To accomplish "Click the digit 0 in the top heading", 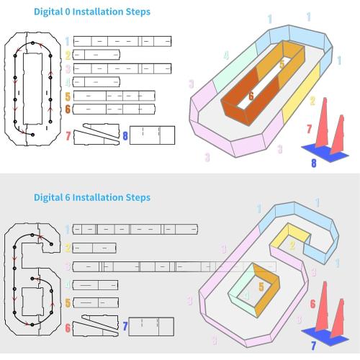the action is pos(68,12).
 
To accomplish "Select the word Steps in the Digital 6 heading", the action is pos(138,198).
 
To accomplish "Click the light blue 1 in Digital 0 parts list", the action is pos(68,41).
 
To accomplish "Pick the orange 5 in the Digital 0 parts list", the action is pos(68,96).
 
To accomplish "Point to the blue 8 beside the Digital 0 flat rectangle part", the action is pos(125,136).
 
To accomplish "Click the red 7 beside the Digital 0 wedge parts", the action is pos(68,136).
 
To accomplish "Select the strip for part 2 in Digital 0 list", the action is pos(96,55).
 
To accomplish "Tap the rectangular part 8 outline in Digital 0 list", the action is pos(152,135).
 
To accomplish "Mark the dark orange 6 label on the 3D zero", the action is pos(251,96).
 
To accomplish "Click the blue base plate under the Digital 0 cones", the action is pos(325,153).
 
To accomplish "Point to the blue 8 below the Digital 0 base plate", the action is pos(314,163).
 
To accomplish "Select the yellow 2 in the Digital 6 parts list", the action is pos(68,248).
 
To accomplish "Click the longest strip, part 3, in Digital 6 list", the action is pos(174,266).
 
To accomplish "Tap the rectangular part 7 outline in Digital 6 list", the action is pos(151,327).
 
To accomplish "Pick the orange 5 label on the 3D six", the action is pos(261,287).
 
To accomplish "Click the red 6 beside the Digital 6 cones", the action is pos(312,304).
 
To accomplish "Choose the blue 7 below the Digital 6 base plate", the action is pos(313,346).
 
